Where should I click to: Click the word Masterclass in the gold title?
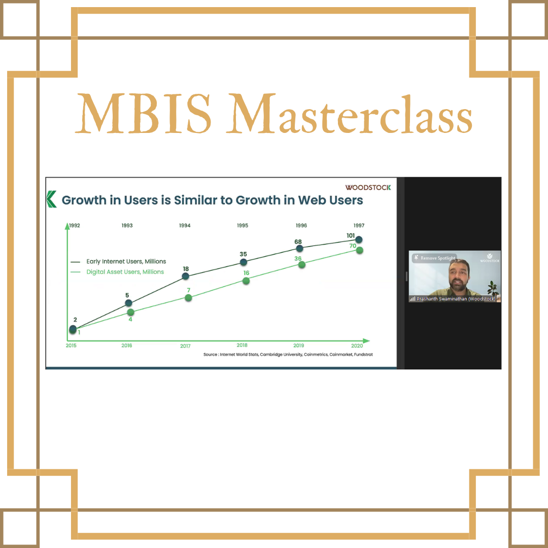click(349, 114)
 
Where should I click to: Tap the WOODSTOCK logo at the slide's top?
click(368, 188)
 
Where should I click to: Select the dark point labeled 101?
click(359, 239)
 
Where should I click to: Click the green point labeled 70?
click(359, 250)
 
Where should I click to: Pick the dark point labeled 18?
click(186, 276)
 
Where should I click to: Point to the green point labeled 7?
click(188, 298)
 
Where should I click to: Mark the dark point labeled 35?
click(244, 262)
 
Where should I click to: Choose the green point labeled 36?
click(301, 265)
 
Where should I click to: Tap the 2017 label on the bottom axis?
click(185, 346)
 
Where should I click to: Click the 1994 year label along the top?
click(185, 225)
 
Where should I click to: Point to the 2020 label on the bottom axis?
click(357, 346)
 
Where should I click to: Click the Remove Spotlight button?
click(434, 258)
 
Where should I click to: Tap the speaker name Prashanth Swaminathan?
click(442, 299)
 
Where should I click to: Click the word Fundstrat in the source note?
click(363, 354)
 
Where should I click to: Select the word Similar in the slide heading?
click(196, 200)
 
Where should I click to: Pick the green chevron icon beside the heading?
click(51, 199)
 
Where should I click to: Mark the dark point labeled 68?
click(299, 249)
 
